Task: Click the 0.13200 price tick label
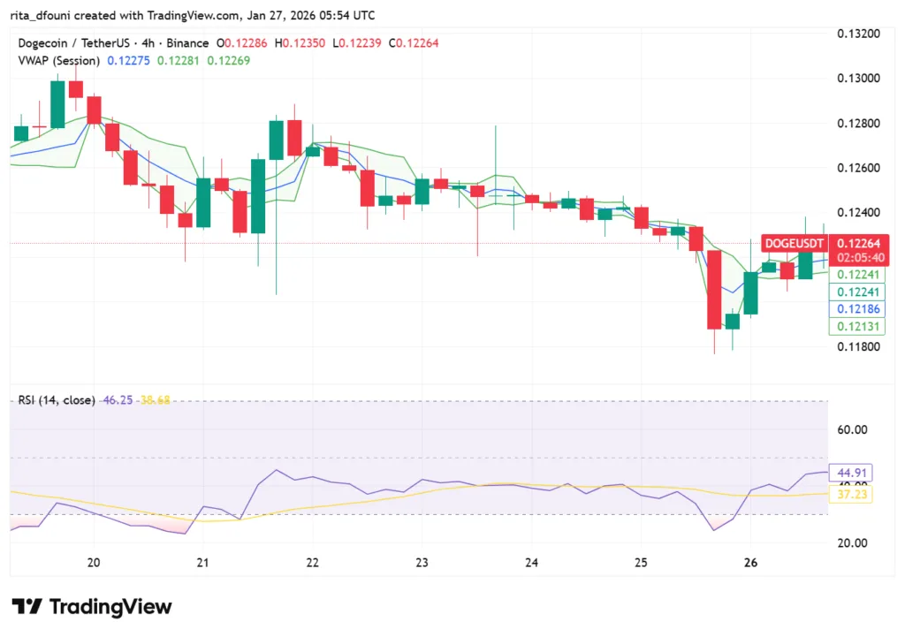[x=858, y=34]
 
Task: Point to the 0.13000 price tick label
[x=858, y=78]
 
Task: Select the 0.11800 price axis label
[x=858, y=346]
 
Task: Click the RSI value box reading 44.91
[x=849, y=471]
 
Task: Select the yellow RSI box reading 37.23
[x=849, y=496]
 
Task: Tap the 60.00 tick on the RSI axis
[x=853, y=429]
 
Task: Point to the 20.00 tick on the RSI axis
[x=853, y=543]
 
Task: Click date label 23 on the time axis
[x=422, y=563]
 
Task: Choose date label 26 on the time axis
[x=750, y=563]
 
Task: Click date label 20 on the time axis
[x=94, y=563]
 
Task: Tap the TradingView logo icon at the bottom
[x=27, y=607]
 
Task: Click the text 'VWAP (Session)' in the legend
[x=58, y=60]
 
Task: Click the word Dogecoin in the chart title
[x=45, y=42]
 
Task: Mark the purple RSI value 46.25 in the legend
[x=116, y=399]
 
